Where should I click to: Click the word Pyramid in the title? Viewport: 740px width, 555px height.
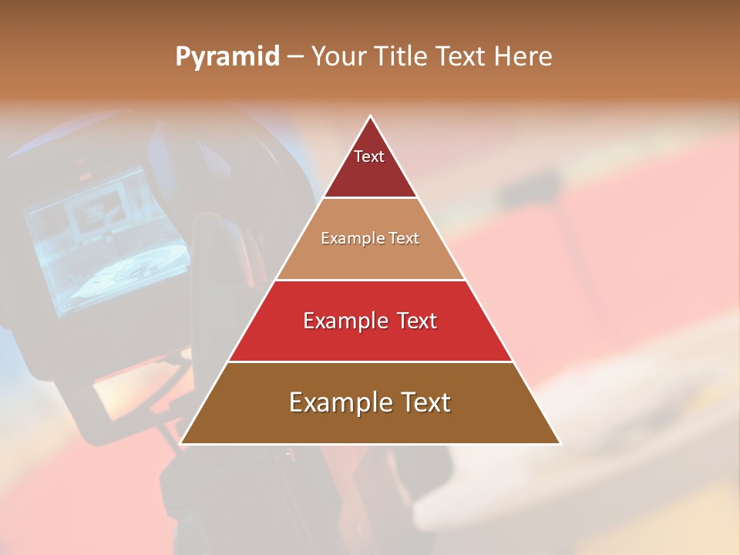pos(227,57)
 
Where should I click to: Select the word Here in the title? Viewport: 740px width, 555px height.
pos(523,56)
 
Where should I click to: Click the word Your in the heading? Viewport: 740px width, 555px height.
pos(339,56)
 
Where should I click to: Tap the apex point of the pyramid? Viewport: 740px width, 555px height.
pos(371,116)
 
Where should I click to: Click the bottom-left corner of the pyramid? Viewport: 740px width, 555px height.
pos(181,443)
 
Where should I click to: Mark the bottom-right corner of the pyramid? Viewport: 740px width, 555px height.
pos(560,443)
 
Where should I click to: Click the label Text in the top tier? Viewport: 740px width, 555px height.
pos(369,156)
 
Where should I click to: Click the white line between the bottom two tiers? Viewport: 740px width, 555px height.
pos(370,362)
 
